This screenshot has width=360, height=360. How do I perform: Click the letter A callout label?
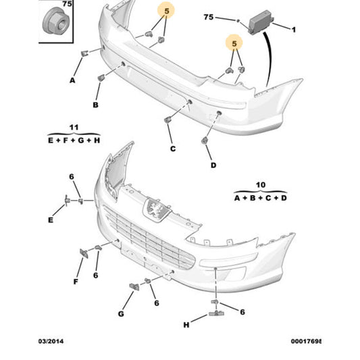72,80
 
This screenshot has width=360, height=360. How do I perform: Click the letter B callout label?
95,105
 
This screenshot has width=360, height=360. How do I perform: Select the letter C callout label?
172,149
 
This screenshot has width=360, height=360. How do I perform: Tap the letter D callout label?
213,165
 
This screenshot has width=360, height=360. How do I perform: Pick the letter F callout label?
76,281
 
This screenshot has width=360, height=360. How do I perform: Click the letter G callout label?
121,314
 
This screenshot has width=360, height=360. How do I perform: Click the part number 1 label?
294,30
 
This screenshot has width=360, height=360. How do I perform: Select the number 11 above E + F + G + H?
74,126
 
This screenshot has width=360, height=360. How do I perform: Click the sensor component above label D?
205,140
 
